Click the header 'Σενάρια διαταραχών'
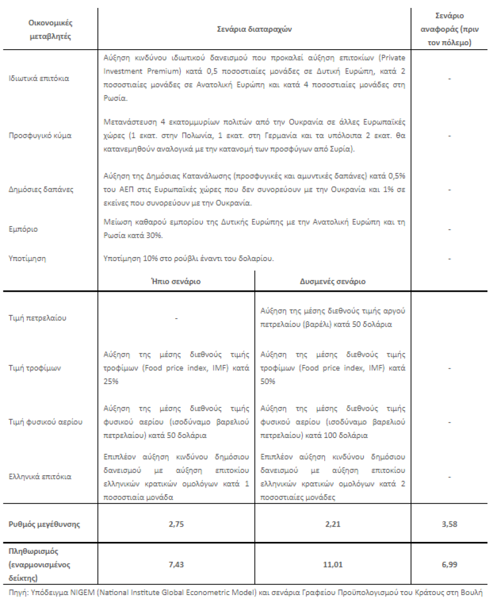(255, 28)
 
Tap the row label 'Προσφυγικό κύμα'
(41, 136)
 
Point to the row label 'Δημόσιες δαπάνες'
(41, 189)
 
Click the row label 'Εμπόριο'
(24, 229)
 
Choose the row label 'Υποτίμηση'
(28, 258)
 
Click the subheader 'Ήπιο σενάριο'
(176, 281)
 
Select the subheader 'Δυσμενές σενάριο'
(332, 281)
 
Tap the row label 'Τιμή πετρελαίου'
(38, 318)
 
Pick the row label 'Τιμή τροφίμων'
(35, 368)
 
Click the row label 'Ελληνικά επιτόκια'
(41, 476)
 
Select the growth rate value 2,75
(176, 524)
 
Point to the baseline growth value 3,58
(449, 524)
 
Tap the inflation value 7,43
(176, 564)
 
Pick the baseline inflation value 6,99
(449, 564)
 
